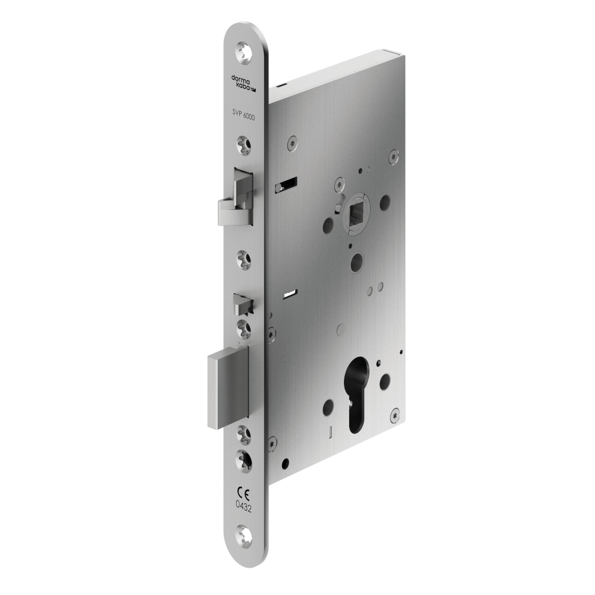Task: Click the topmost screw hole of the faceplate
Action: [244, 52]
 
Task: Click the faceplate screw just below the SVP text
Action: [244, 143]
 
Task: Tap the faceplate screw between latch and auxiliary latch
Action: [244, 258]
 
